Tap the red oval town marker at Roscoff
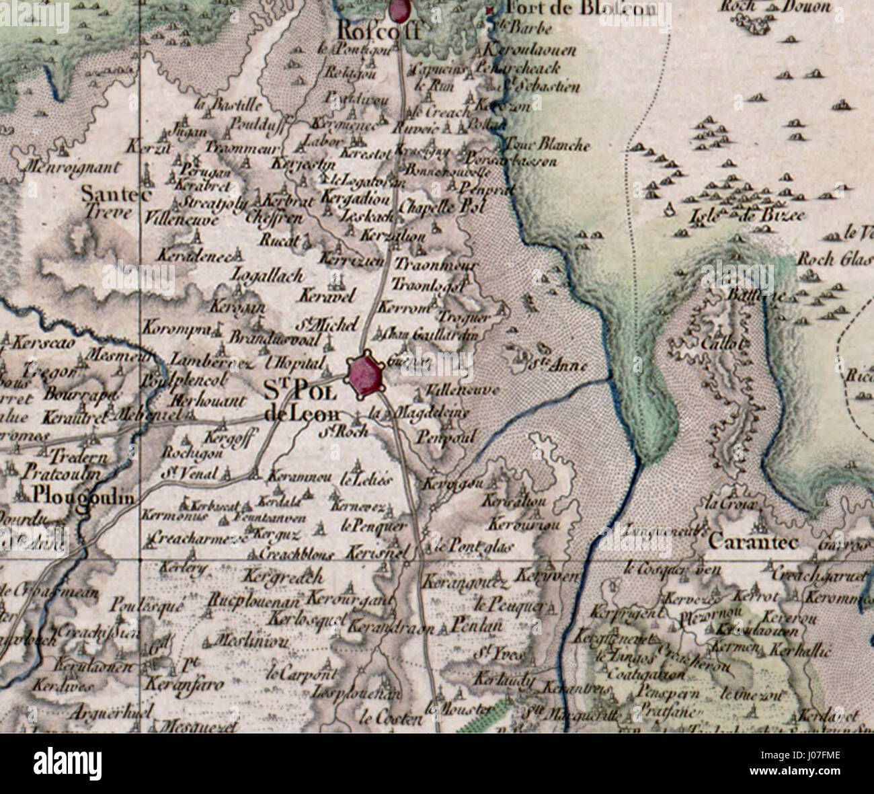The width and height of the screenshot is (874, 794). [x=399, y=9]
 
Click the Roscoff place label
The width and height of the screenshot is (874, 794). [x=372, y=30]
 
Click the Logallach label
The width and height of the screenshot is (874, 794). [x=267, y=275]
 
